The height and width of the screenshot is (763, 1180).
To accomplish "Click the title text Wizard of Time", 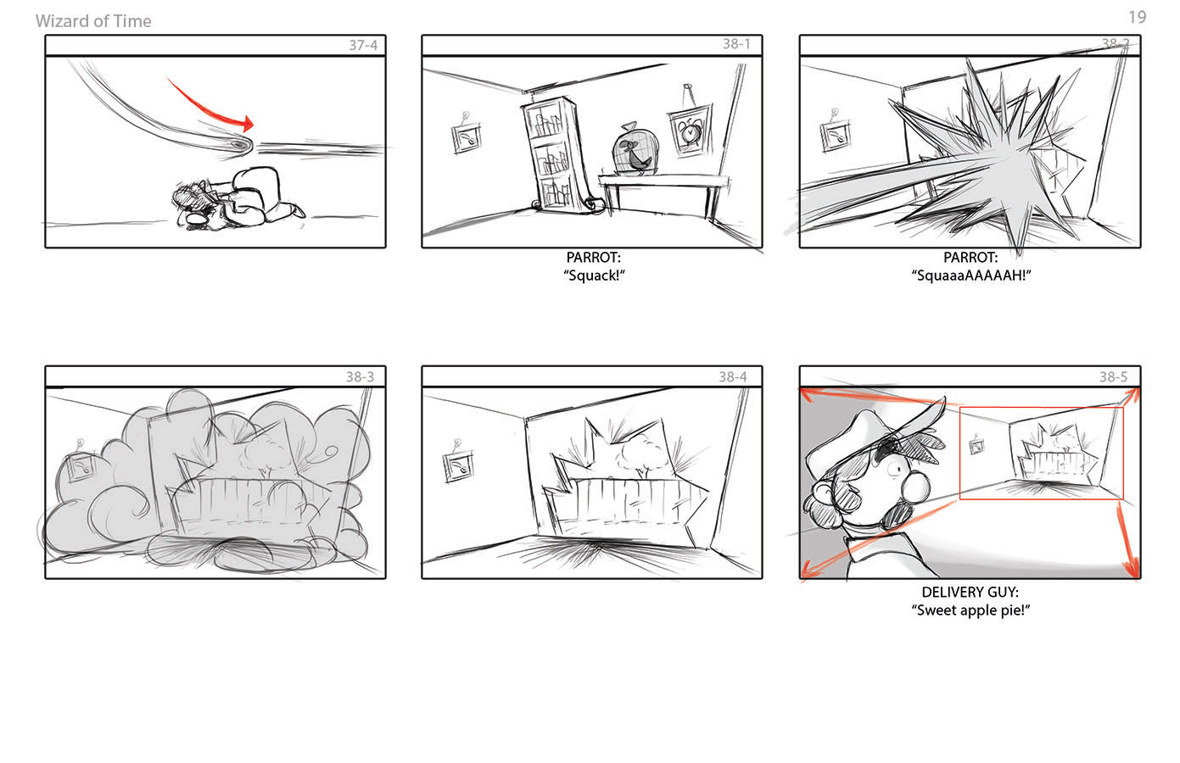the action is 93,21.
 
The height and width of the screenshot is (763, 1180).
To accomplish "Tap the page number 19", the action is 1138,17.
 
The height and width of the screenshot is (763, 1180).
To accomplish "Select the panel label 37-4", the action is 363,45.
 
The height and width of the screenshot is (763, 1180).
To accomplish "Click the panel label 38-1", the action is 736,44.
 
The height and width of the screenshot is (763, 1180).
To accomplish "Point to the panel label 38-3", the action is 360,377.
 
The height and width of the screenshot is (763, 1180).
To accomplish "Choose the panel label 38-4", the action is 733,377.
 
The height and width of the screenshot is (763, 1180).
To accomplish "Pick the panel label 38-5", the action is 1113,377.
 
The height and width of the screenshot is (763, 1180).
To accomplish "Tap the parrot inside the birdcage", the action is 636,156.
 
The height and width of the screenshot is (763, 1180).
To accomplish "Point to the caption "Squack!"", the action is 594,276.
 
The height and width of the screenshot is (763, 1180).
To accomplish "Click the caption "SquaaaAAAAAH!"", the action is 970,276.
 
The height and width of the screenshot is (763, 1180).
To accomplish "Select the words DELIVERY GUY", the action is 970,593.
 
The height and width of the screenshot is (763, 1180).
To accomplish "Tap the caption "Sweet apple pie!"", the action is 970,610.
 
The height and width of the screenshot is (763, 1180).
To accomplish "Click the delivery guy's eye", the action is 894,469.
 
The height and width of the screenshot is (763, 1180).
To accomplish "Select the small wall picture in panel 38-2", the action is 836,134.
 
